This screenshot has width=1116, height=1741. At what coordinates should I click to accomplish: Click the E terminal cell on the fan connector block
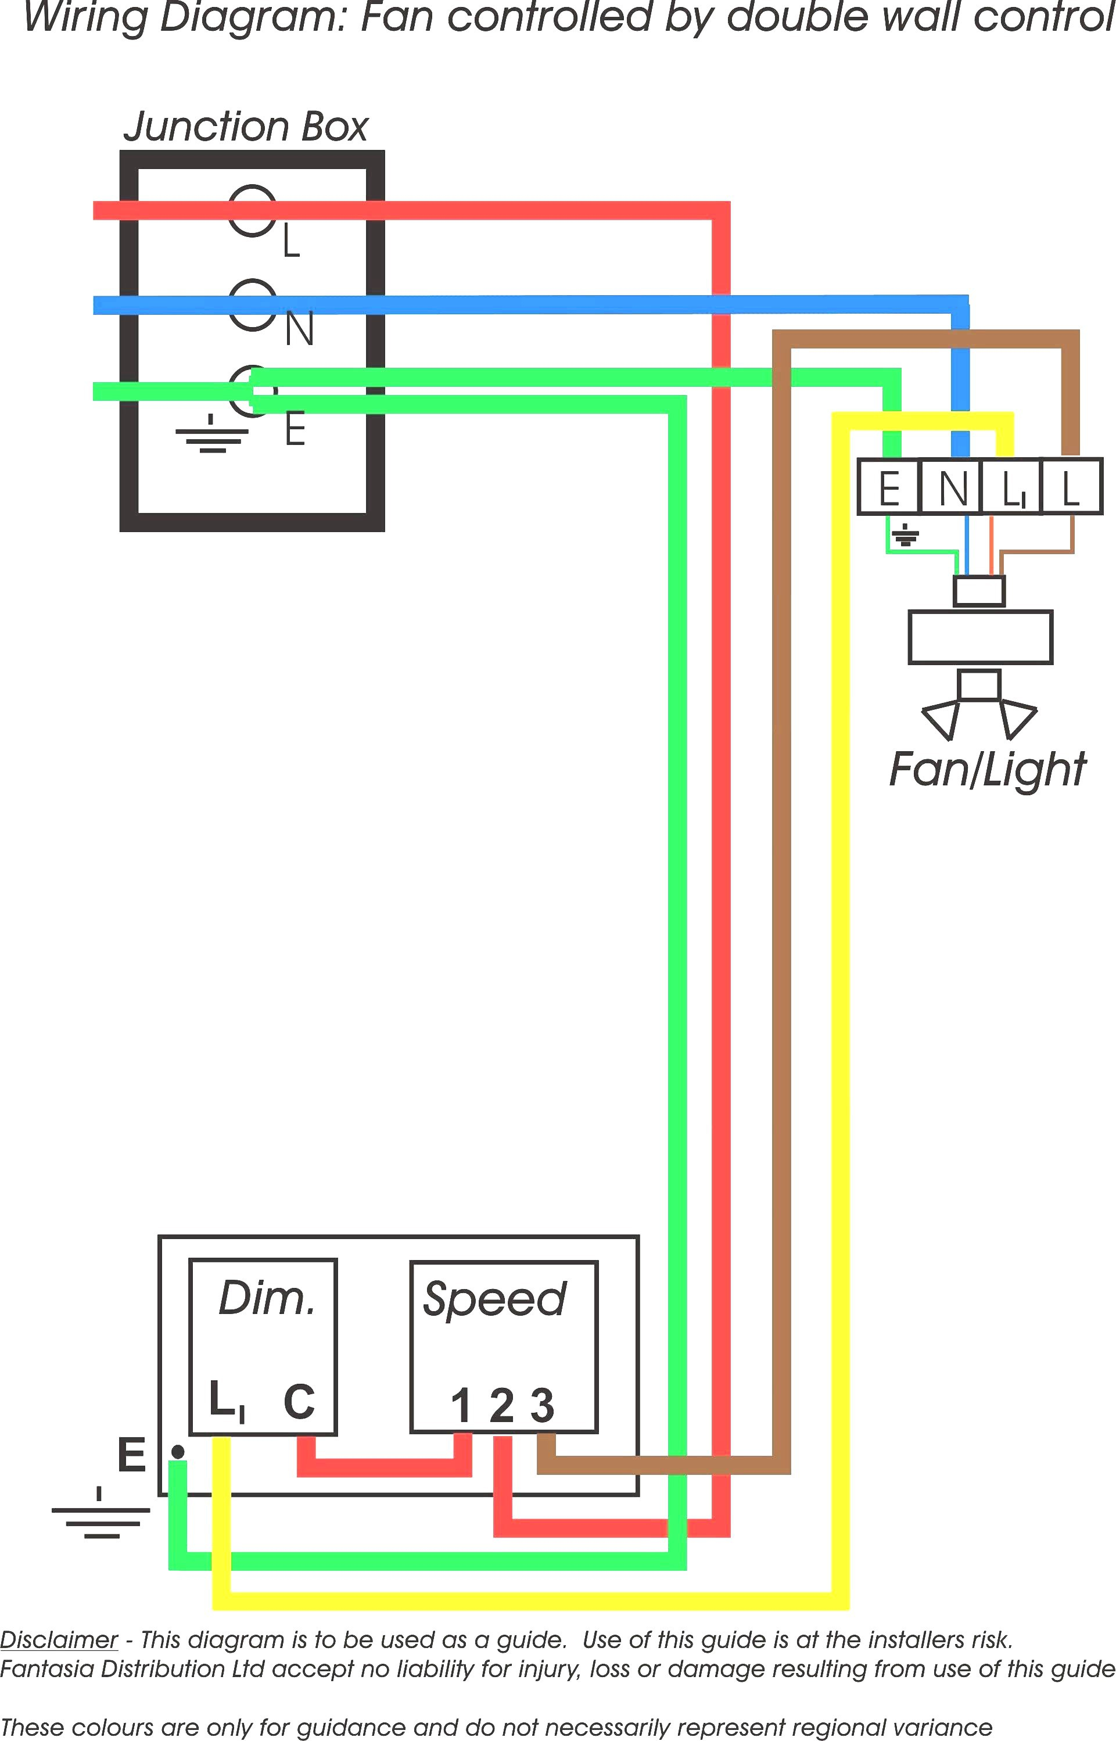point(888,487)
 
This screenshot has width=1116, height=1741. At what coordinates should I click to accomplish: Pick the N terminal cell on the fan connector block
point(951,487)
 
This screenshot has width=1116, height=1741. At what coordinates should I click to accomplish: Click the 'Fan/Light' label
point(987,770)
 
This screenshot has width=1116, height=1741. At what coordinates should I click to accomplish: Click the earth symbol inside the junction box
point(211,434)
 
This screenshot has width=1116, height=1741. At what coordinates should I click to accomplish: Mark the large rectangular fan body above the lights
point(979,638)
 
